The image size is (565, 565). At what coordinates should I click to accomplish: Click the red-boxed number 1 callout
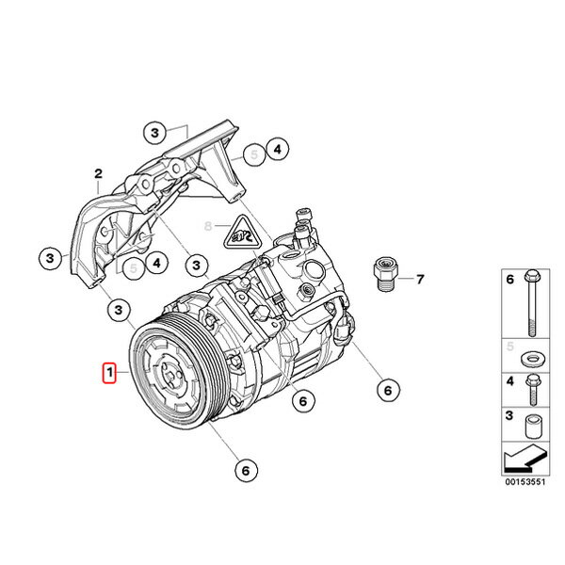pyautogui.click(x=109, y=375)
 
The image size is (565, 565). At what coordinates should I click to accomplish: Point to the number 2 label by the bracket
pyautogui.click(x=96, y=173)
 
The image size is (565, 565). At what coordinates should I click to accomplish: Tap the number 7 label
pyautogui.click(x=420, y=280)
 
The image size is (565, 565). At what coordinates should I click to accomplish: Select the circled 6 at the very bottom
pyautogui.click(x=244, y=469)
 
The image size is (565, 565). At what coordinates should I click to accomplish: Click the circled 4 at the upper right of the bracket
pyautogui.click(x=276, y=149)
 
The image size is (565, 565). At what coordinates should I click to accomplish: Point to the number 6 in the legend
pyautogui.click(x=509, y=281)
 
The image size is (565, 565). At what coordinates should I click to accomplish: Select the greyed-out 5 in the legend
pyautogui.click(x=509, y=347)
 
